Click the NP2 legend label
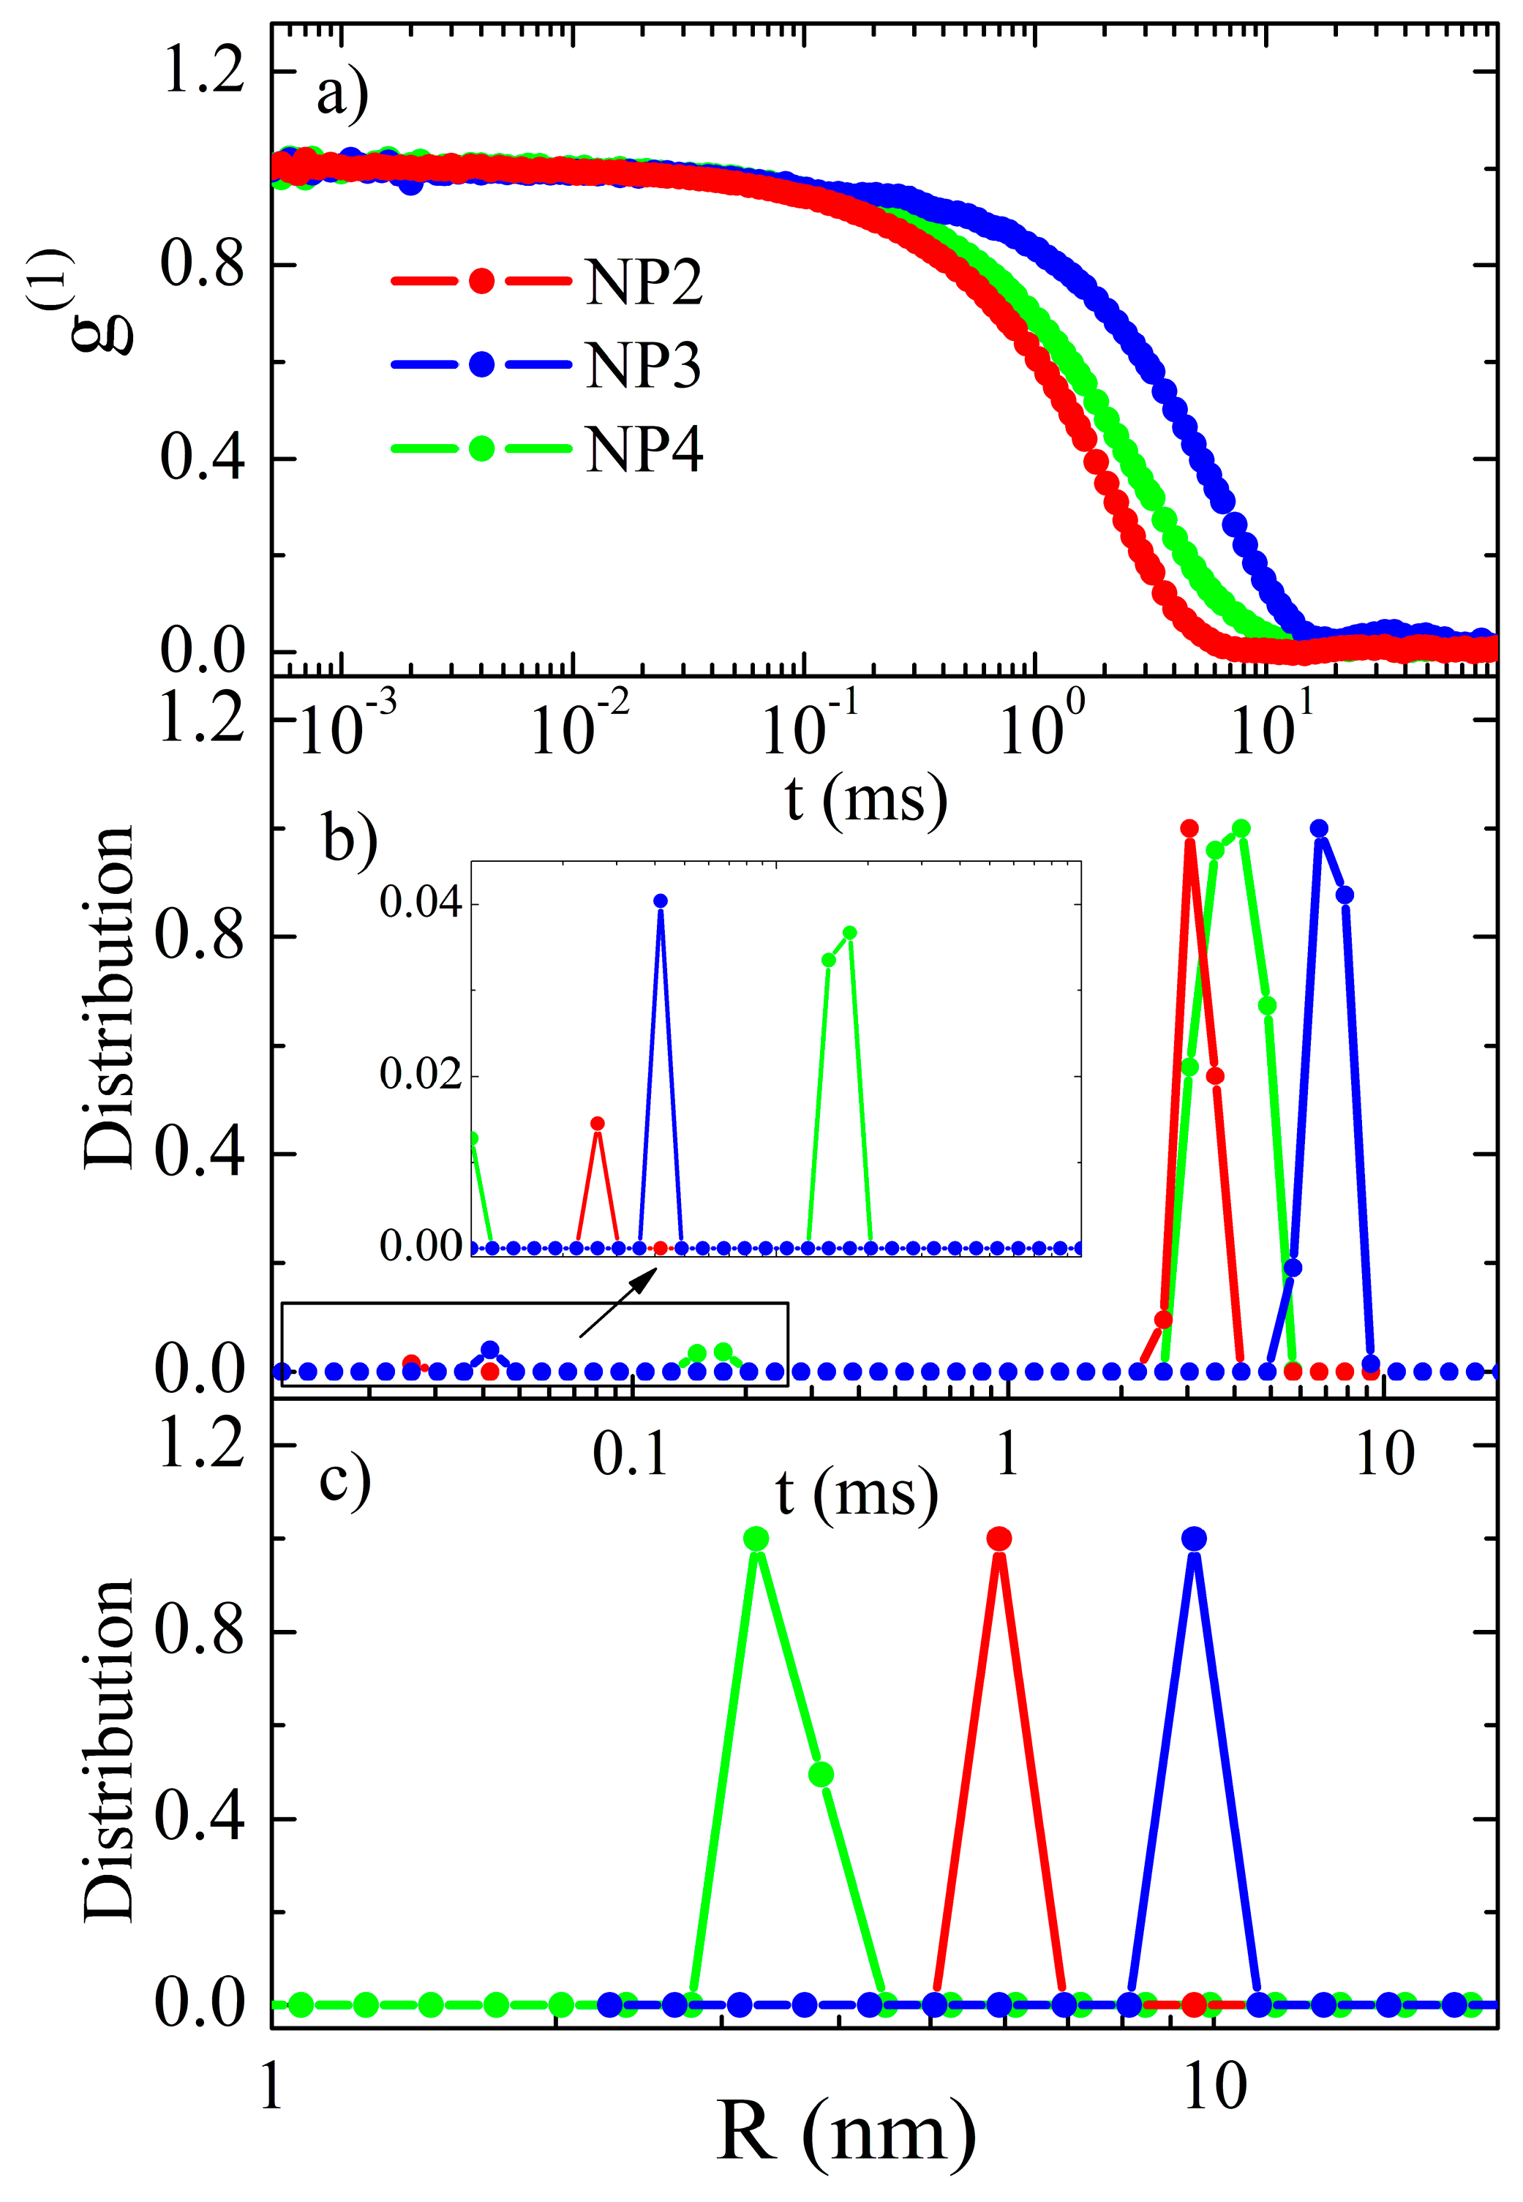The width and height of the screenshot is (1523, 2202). click(x=644, y=282)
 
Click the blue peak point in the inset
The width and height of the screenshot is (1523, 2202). click(x=661, y=901)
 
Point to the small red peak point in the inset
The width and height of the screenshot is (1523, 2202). click(x=598, y=1123)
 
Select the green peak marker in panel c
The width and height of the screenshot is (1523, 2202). click(x=756, y=1539)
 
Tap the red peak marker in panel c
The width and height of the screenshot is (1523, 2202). click(x=999, y=1539)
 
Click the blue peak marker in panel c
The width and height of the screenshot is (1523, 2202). click(x=1194, y=1539)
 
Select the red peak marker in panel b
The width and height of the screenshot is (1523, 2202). click(x=1189, y=828)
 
